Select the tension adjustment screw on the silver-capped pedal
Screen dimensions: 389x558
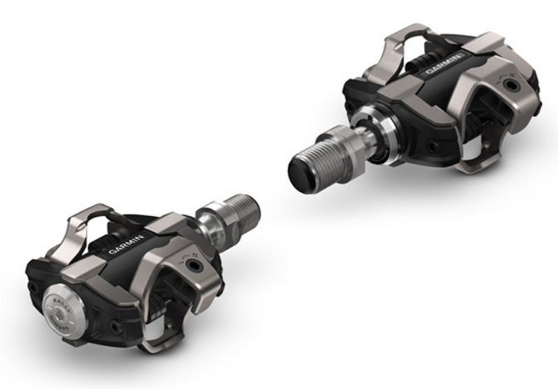193,267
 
